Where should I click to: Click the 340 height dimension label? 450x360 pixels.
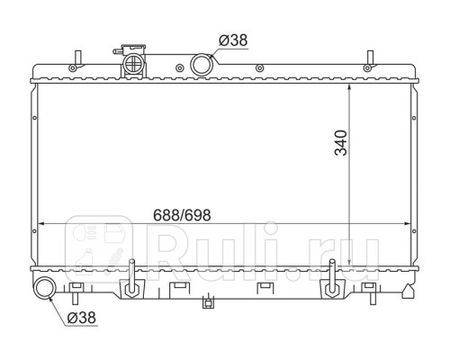click(341, 143)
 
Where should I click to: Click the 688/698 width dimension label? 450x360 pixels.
click(182, 215)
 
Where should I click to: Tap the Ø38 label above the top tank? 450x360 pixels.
click(233, 40)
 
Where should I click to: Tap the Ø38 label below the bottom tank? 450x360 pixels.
click(82, 318)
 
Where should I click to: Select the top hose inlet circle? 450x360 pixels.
click(202, 65)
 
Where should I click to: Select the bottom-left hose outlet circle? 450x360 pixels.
click(45, 288)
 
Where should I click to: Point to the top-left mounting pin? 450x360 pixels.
click(78, 58)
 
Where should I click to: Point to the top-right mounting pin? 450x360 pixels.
click(371, 58)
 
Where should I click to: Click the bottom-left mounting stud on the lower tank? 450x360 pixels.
click(131, 277)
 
